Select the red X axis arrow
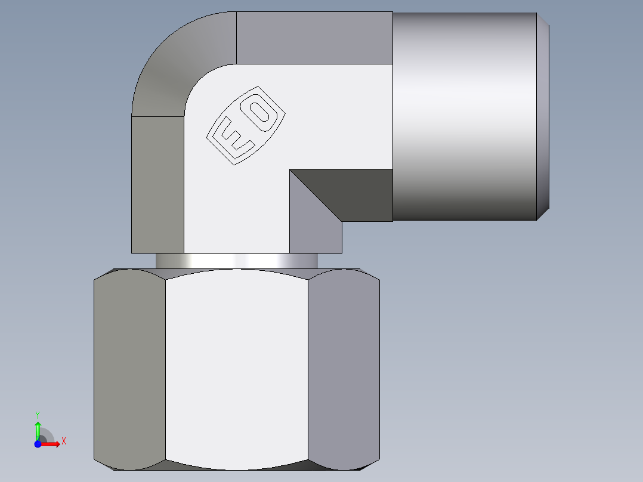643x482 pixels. [51, 444]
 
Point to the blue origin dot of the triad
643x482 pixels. [38, 444]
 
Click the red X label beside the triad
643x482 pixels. [63, 441]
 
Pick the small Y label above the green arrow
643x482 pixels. [38, 414]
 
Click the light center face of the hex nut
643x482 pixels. [236, 367]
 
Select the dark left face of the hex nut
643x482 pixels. [129, 367]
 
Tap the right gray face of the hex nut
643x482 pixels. [344, 367]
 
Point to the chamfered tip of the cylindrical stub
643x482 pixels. [543, 116]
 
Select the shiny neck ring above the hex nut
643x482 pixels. [236, 261]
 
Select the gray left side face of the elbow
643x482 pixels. [157, 185]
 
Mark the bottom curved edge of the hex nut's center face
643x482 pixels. [236, 469]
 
